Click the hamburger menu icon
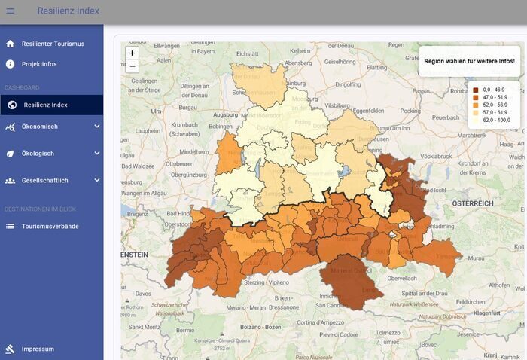[11, 11]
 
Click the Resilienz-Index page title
[68, 11]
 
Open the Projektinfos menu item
[39, 64]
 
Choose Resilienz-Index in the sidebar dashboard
[45, 105]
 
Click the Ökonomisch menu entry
[40, 127]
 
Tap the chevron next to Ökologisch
[96, 154]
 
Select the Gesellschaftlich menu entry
[45, 181]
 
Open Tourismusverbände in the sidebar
[50, 226]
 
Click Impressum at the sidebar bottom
[38, 349]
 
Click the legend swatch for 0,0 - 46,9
[476, 90]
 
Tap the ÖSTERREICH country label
[472, 203]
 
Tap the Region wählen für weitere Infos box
[469, 61]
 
